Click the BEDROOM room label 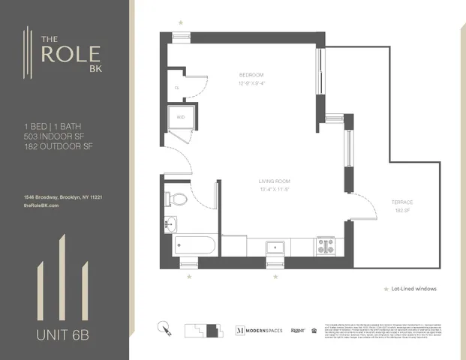tap(251, 75)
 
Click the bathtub tap(194, 245)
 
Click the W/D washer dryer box tap(181, 118)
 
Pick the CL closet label tap(177, 88)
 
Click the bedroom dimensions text tap(251, 83)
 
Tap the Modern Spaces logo tap(260, 330)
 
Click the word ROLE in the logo tap(68, 56)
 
